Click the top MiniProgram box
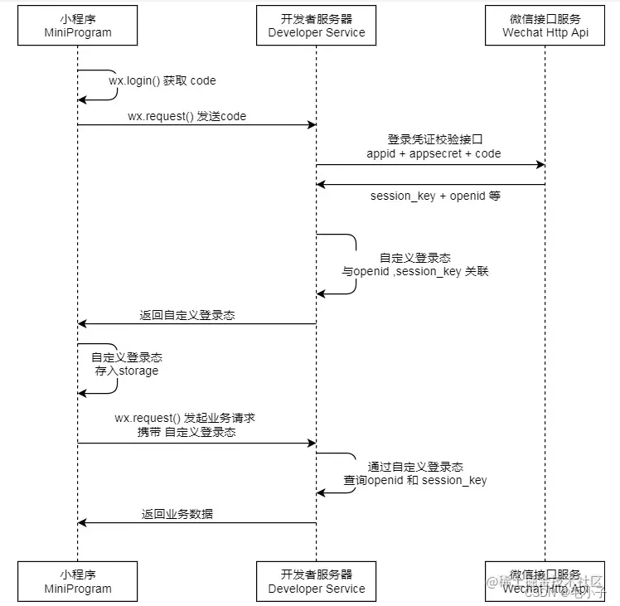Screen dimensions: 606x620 (77, 25)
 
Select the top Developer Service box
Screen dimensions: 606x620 (316, 25)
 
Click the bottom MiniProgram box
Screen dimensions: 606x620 (77, 581)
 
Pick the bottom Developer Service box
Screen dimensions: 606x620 (316, 581)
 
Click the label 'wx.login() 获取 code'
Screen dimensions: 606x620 (162, 81)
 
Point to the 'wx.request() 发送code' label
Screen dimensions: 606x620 (186, 117)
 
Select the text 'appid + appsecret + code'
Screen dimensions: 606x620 (434, 153)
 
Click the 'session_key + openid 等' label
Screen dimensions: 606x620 (434, 196)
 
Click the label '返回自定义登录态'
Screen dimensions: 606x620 (186, 315)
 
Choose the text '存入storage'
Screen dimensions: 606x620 (126, 371)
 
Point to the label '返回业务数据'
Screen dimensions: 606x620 (177, 513)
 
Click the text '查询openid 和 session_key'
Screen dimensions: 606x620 (415, 480)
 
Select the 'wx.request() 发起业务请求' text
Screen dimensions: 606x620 (191, 418)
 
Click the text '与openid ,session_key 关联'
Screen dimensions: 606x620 (415, 271)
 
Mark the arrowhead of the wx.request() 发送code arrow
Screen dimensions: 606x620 (312, 125)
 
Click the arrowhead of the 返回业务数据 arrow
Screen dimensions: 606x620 (82, 522)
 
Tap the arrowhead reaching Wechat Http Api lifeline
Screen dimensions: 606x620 (540, 165)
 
